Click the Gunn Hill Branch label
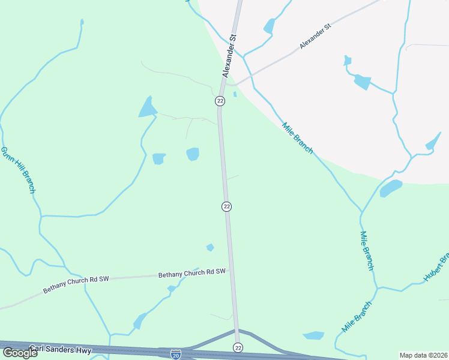coord(17,170)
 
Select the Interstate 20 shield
coord(175,355)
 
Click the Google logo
coord(20,353)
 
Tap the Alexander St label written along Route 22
coord(230,55)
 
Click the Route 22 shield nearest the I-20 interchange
coord(238,348)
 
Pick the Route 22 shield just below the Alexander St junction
coord(220,101)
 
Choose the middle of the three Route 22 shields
coord(226,206)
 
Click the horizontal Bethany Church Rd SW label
coord(191,273)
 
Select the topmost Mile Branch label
coord(298,137)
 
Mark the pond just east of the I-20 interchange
coord(314,335)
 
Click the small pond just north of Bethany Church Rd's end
coord(210,247)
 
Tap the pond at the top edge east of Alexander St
coord(269,26)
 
